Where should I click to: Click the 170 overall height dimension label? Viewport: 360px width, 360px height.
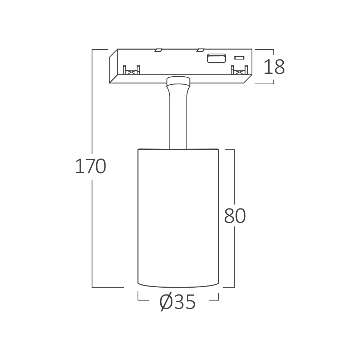coord(90,166)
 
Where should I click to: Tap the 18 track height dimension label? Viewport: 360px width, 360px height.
coord(274,67)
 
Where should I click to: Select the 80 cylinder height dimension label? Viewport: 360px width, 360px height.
coord(235,216)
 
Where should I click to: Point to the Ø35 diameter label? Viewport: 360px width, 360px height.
coord(177,302)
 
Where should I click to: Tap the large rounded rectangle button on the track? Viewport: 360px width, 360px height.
coord(216,58)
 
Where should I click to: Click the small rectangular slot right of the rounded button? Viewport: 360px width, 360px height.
coord(239,58)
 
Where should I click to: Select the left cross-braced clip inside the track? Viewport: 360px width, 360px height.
coord(131,70)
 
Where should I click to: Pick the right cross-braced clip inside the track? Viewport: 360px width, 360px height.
coord(239,70)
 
